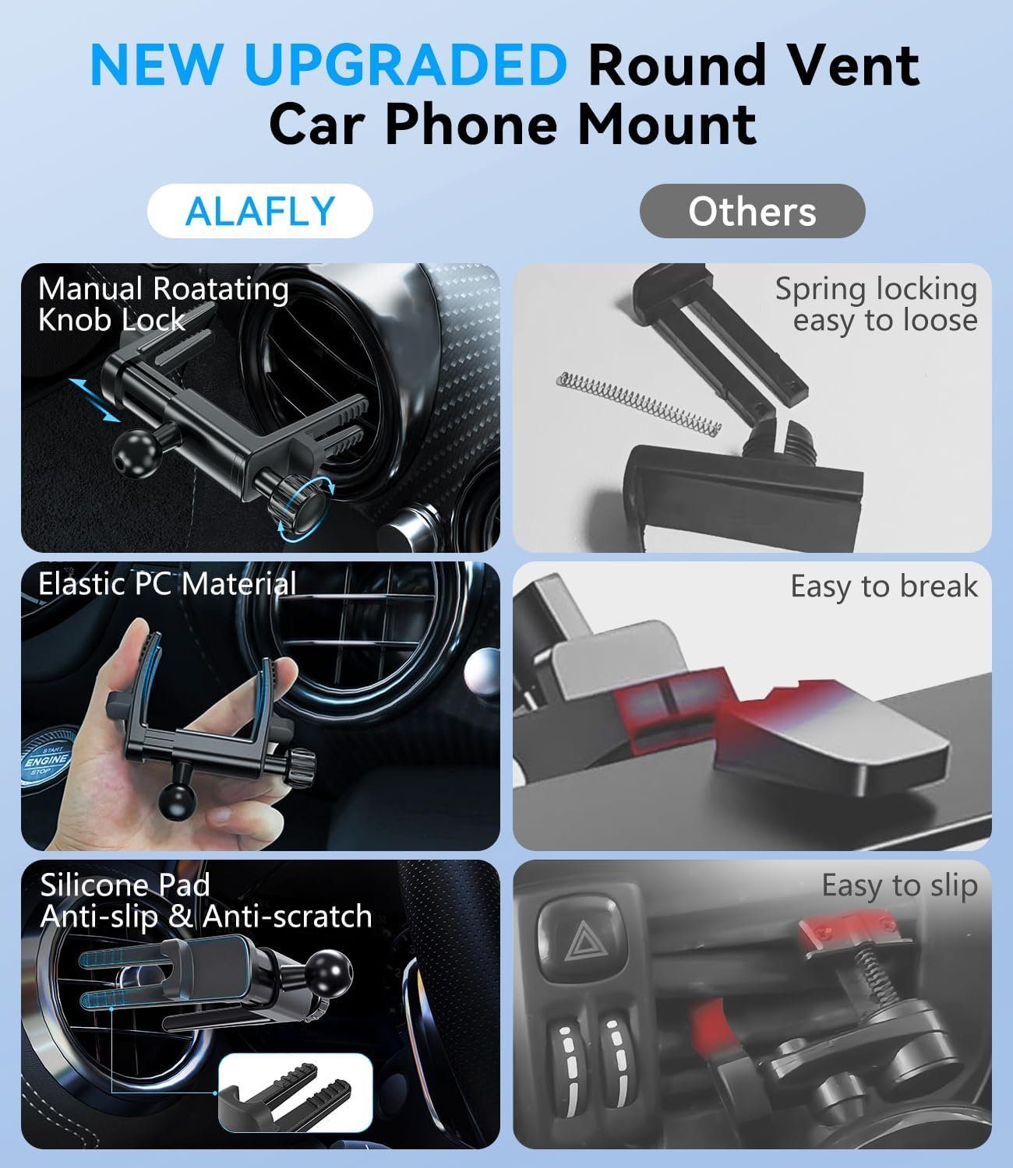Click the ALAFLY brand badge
[x=260, y=211]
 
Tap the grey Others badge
[x=752, y=211]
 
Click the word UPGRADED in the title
[x=406, y=64]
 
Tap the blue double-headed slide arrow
[x=94, y=399]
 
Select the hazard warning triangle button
[x=581, y=941]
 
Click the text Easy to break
[x=884, y=587]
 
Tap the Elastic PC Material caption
[x=168, y=584]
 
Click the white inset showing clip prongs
[x=295, y=1092]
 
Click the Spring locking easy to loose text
[x=876, y=305]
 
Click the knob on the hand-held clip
[x=301, y=765]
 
